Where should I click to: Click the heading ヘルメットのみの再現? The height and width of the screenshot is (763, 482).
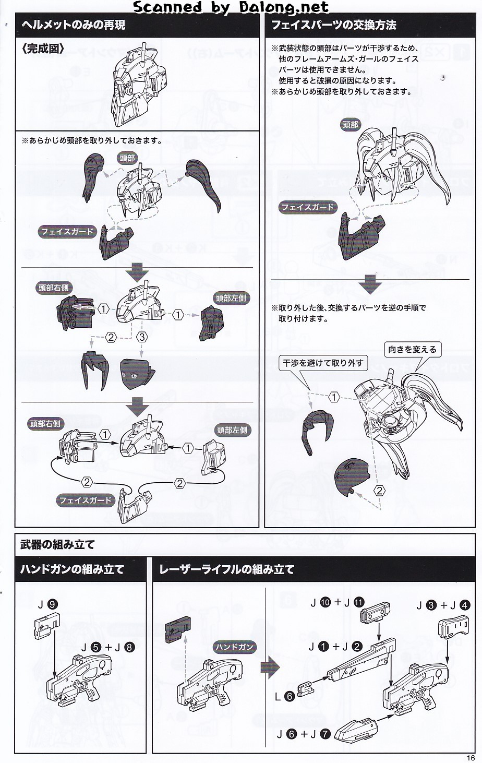[x=74, y=25]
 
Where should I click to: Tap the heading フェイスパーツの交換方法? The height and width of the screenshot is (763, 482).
[x=333, y=25]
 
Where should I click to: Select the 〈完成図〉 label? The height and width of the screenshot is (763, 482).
[x=43, y=49]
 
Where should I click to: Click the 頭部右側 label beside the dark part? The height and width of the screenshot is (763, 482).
[x=53, y=288]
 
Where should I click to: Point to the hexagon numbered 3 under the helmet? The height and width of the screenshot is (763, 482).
[x=142, y=337]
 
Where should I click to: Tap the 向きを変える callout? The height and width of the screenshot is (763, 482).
[x=412, y=350]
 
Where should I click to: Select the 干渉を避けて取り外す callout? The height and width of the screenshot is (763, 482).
[x=323, y=363]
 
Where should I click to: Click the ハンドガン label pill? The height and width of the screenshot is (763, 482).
[x=234, y=647]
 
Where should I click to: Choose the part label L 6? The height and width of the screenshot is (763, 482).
[x=285, y=697]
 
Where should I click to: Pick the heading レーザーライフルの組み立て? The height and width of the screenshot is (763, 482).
[x=226, y=569]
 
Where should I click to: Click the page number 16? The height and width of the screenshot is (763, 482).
[x=471, y=758]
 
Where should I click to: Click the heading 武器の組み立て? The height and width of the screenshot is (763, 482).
[x=57, y=545]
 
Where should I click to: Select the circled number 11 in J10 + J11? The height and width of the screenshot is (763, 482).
[x=359, y=602]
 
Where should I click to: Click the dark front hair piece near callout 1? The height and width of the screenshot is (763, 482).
[x=317, y=431]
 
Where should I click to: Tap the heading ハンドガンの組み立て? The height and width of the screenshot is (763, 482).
[x=72, y=569]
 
